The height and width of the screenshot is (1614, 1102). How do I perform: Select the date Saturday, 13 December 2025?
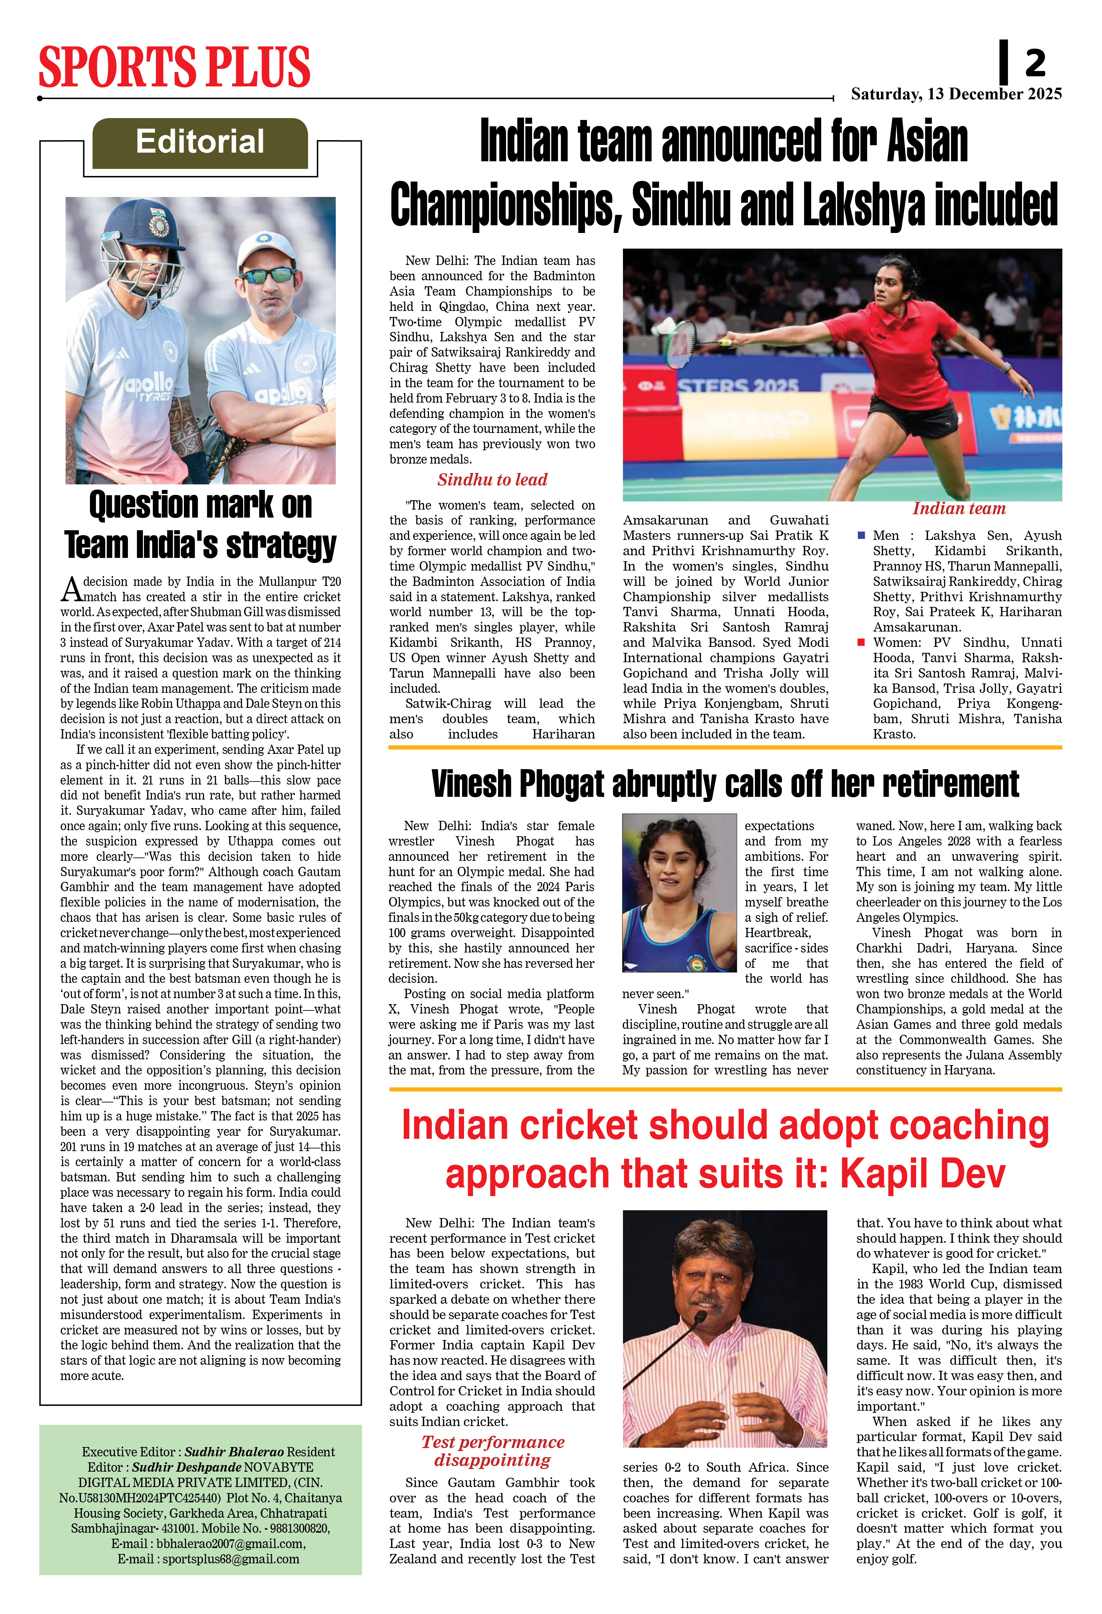pos(956,94)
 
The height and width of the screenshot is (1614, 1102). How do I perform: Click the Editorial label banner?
pos(200,142)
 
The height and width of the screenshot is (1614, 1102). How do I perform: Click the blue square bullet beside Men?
pos(861,536)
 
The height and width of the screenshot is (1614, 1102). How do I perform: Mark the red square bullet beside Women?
pos(861,643)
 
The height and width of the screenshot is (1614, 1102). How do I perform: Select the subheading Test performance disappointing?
pos(492,1451)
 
